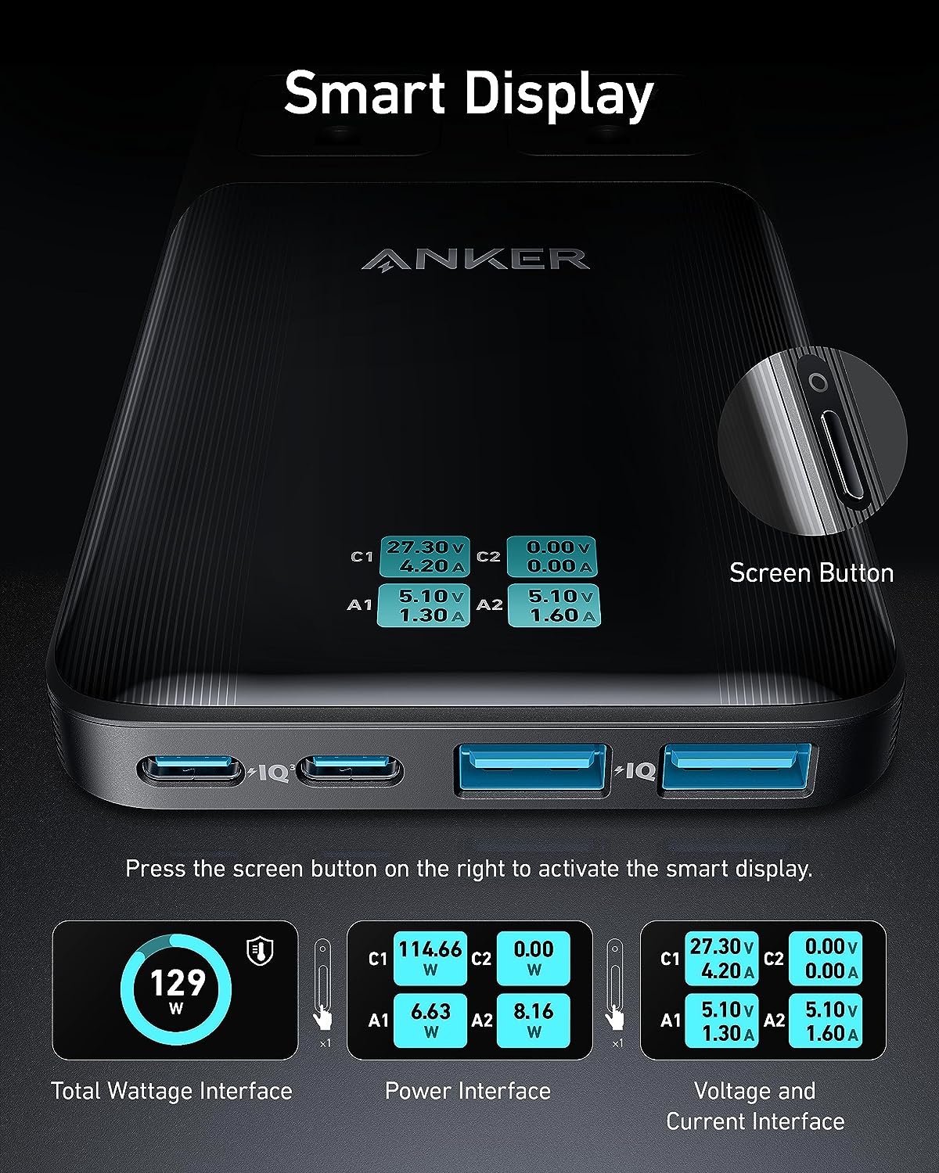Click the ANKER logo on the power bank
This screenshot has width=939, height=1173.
tap(475, 259)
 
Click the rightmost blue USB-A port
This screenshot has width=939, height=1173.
tap(739, 769)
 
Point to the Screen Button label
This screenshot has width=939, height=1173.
tap(811, 573)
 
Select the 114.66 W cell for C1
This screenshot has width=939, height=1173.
tap(430, 958)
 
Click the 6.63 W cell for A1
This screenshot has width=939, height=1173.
tap(430, 1020)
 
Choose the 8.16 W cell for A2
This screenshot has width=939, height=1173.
tap(534, 1020)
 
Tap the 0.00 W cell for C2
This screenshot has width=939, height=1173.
tap(534, 958)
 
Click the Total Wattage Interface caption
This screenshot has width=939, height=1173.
tap(171, 1091)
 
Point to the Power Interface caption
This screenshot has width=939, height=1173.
tap(468, 1091)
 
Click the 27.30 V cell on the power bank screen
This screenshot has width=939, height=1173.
tap(423, 556)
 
